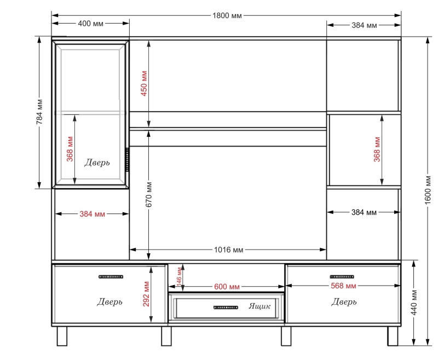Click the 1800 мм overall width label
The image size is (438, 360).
point(227,16)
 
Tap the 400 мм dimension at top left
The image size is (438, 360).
point(90,24)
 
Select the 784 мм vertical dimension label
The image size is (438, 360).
point(39,112)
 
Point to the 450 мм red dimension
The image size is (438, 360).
point(144,84)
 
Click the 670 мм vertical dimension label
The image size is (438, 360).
point(149,195)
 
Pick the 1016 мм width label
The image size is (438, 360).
point(228,250)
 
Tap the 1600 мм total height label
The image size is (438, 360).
point(428,190)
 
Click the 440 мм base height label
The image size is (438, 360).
point(414,303)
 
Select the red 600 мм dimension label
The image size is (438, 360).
point(227,287)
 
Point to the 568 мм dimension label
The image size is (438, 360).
point(343,286)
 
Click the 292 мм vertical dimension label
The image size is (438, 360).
point(146,294)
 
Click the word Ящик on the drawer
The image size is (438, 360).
point(260,306)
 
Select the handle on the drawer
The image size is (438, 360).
point(226,307)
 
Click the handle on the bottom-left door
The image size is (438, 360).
point(111,277)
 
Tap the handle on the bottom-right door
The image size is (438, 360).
point(342,277)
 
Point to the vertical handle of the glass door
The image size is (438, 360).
point(128,160)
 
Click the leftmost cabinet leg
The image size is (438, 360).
point(62,336)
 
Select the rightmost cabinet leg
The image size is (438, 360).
point(393,336)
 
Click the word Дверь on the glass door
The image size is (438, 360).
point(97,162)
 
